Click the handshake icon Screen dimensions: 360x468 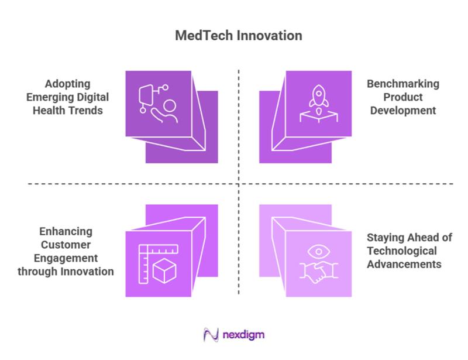pos(318,270)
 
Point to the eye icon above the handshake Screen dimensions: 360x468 pos(318,252)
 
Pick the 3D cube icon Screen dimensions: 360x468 pos(164,271)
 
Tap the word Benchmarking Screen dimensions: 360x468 pos(402,84)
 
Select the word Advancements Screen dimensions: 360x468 pos(404,264)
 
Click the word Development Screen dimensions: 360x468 pos(402,109)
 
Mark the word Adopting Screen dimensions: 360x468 pos(66,84)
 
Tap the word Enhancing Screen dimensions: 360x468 pos(66,232)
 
